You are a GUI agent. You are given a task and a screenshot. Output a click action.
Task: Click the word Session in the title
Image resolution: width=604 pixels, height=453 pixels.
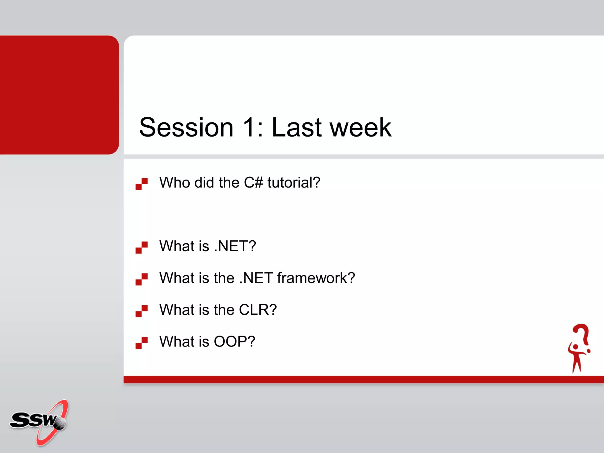click(186, 127)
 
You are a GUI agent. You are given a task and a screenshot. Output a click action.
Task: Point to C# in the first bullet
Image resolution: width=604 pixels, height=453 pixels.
click(253, 183)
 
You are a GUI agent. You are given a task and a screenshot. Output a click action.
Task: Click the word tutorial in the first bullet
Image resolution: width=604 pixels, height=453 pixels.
click(293, 183)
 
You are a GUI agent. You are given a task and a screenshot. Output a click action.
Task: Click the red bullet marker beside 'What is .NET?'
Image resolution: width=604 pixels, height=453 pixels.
click(142, 247)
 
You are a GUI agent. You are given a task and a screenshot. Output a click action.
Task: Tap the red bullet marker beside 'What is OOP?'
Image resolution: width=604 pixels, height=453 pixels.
click(142, 343)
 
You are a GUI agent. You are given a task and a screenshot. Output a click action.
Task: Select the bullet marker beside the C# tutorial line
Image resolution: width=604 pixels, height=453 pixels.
click(142, 184)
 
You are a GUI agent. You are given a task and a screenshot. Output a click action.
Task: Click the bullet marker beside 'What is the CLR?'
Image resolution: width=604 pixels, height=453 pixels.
click(142, 311)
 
